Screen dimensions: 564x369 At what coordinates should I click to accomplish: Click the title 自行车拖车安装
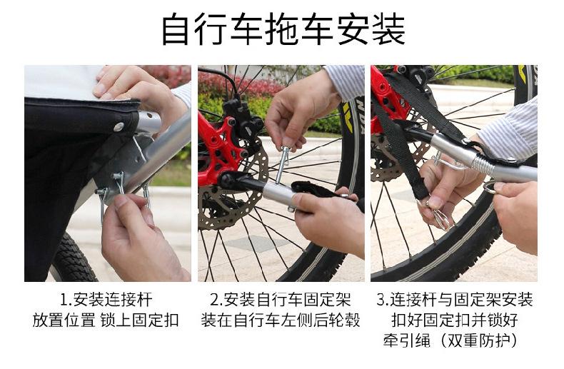pos(283,29)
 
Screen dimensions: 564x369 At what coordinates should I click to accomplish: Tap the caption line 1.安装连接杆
pos(106,300)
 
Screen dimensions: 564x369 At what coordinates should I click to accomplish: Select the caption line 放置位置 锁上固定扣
pos(106,320)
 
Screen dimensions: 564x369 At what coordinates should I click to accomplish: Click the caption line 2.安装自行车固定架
pos(281,300)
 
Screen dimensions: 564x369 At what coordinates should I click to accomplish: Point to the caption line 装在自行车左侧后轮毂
pos(281,320)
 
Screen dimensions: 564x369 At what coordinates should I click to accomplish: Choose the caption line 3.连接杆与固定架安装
pos(455,300)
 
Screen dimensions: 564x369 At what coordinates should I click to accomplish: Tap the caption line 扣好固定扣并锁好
pos(455,320)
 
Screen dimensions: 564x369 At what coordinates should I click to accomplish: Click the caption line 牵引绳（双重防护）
pos(450,340)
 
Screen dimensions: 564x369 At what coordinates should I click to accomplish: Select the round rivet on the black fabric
pos(118,126)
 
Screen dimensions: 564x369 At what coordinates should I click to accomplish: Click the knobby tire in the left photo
pos(73,258)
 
